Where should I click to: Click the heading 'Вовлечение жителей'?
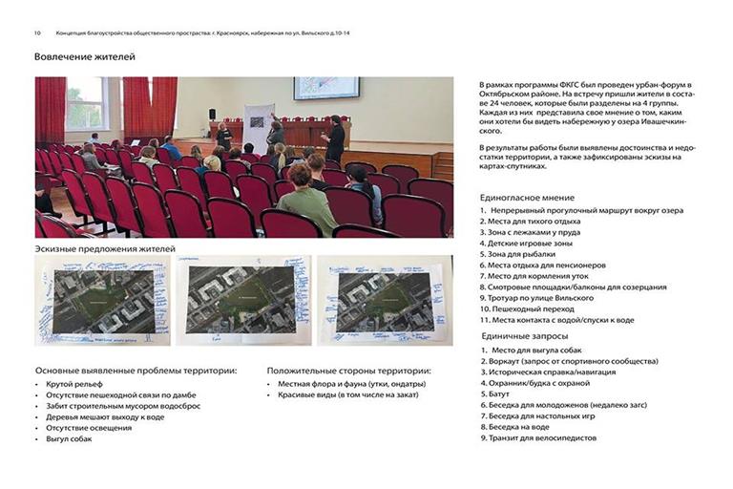pyautogui.click(x=85, y=57)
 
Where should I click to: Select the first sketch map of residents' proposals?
pyautogui.click(x=103, y=300)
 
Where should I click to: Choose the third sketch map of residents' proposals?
pyautogui.click(x=384, y=300)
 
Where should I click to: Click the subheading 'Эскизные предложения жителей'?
pyautogui.click(x=105, y=249)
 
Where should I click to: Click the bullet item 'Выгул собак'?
pyautogui.click(x=70, y=439)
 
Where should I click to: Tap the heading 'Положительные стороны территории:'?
pyautogui.click(x=348, y=371)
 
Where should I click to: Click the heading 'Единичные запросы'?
pyautogui.click(x=526, y=336)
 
